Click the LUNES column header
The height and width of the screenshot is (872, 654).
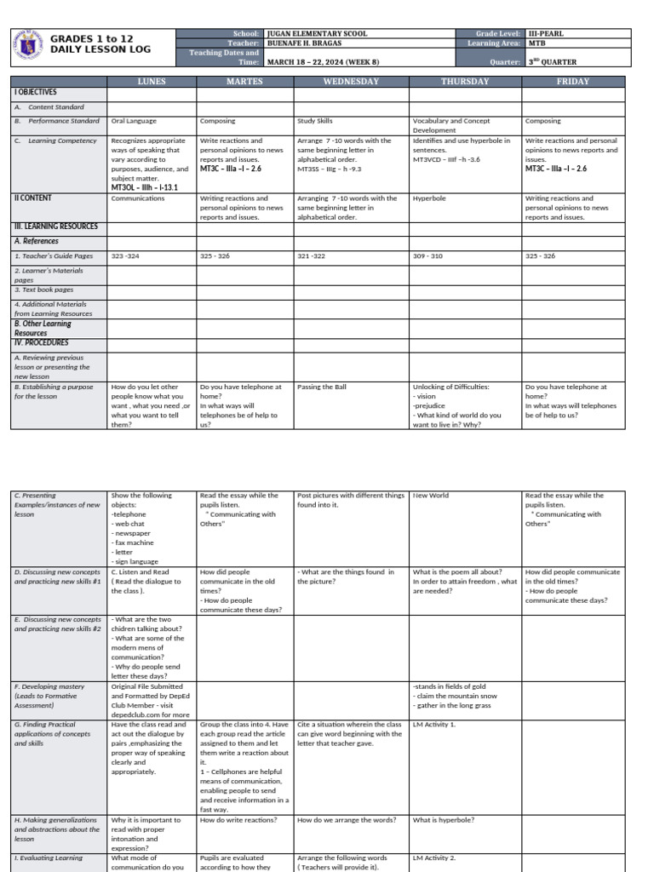[152, 82]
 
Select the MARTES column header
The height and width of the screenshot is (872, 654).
[244, 82]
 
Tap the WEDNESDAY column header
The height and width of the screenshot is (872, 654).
[351, 82]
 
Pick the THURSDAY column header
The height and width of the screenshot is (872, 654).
[465, 82]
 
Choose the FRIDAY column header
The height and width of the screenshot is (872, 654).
[573, 82]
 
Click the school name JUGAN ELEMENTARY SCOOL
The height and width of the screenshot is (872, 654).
[318, 34]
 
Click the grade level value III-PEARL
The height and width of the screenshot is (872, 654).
[545, 34]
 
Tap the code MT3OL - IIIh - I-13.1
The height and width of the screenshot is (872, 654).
[145, 186]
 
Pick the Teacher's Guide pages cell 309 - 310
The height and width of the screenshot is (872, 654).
[427, 255]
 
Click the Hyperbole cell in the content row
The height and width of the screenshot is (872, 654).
[429, 198]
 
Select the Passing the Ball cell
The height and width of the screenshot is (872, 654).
[322, 387]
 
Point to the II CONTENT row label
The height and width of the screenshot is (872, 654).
[33, 198]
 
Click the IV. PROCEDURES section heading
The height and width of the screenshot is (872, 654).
[40, 342]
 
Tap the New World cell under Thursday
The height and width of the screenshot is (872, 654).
[431, 495]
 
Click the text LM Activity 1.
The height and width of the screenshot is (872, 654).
[434, 724]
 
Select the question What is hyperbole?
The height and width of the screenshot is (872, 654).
[443, 820]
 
